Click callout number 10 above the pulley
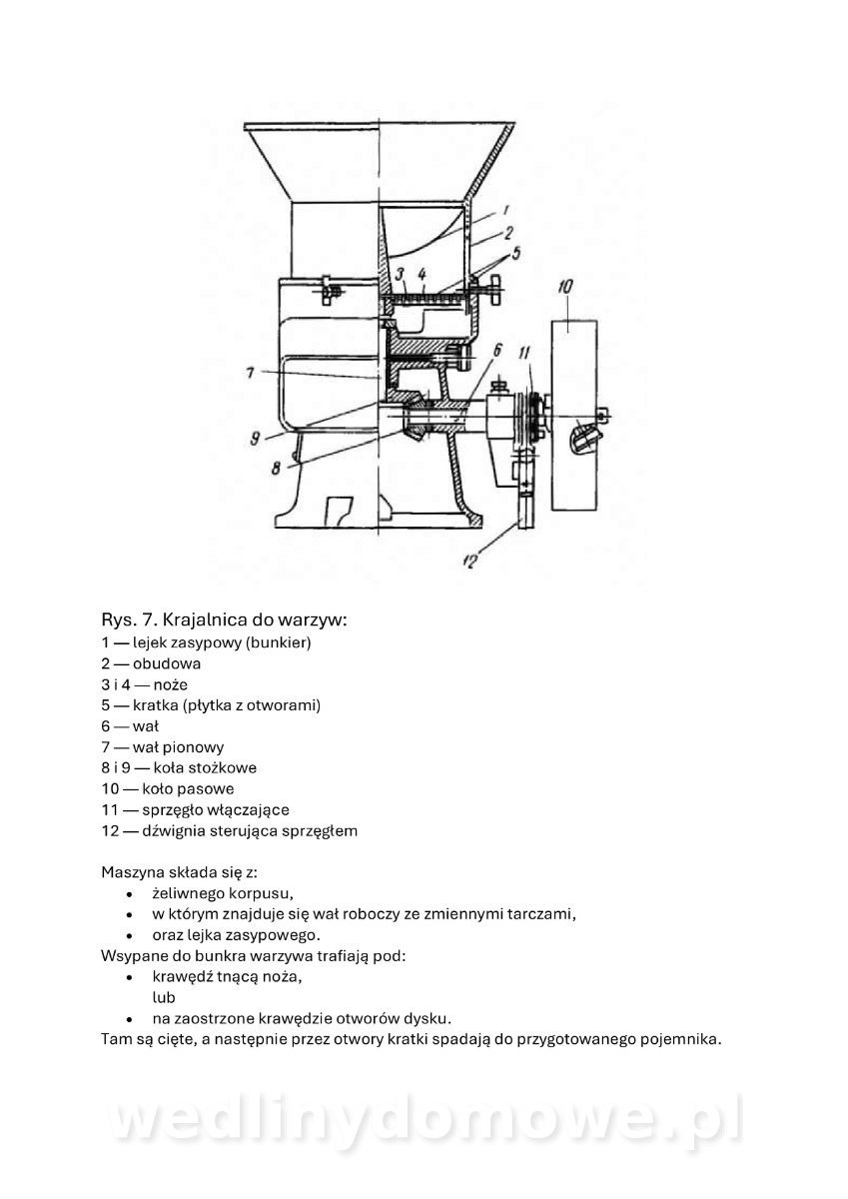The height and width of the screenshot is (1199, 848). (x=565, y=287)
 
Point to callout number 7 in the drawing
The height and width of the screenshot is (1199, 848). (x=251, y=373)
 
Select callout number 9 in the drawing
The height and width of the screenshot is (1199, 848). (x=255, y=439)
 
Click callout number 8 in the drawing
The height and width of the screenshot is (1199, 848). (x=276, y=469)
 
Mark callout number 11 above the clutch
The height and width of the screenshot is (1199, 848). (x=524, y=353)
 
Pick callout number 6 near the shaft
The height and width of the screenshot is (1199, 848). (x=497, y=351)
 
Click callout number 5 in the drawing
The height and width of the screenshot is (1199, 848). (x=515, y=253)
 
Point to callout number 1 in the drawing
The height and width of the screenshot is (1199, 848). (x=505, y=210)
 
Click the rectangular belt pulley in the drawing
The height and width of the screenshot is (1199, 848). (x=574, y=416)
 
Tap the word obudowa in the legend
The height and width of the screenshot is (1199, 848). (x=167, y=663)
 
